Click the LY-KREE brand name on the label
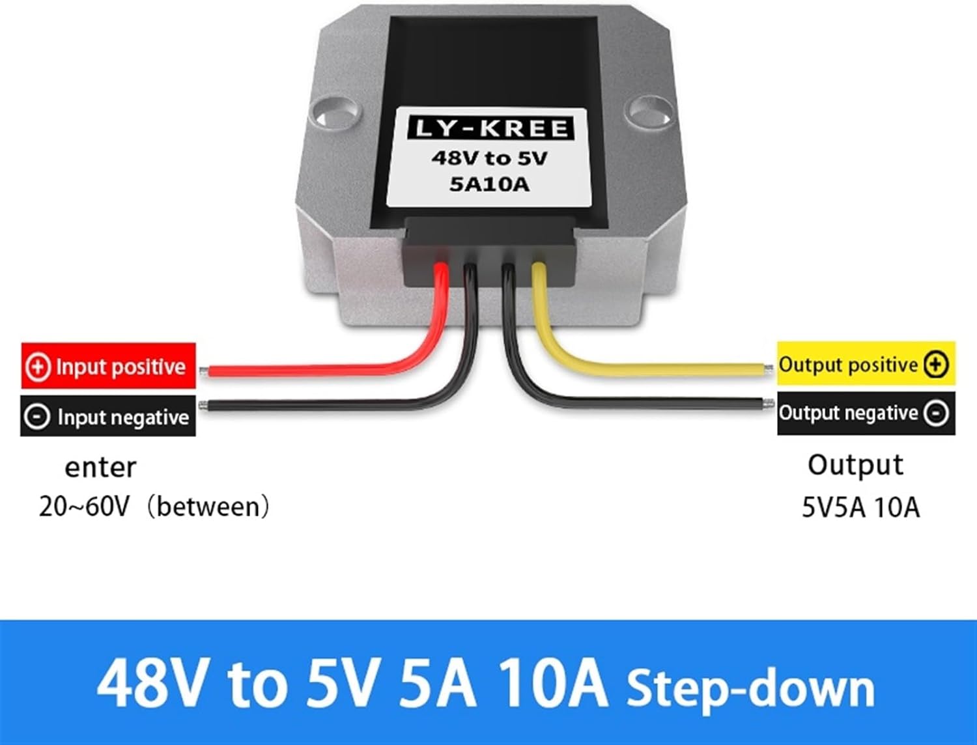click(x=490, y=128)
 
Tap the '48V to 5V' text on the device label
click(x=490, y=158)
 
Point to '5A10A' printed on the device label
click(x=490, y=184)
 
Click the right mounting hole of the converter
click(x=647, y=109)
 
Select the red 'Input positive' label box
click(x=109, y=366)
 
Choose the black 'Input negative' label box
click(x=109, y=416)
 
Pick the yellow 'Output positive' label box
click(x=866, y=364)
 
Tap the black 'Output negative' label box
click(x=866, y=413)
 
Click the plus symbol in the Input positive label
click(x=38, y=366)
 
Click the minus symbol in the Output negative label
click(x=936, y=413)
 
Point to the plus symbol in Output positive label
click(x=936, y=364)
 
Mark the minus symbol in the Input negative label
click(x=37, y=417)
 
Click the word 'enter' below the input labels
click(x=100, y=467)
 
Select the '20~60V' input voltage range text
click(x=85, y=506)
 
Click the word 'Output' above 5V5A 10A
click(x=855, y=465)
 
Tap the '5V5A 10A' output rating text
click(x=860, y=507)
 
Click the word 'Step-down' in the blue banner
click(x=750, y=688)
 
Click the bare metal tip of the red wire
click(x=204, y=372)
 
